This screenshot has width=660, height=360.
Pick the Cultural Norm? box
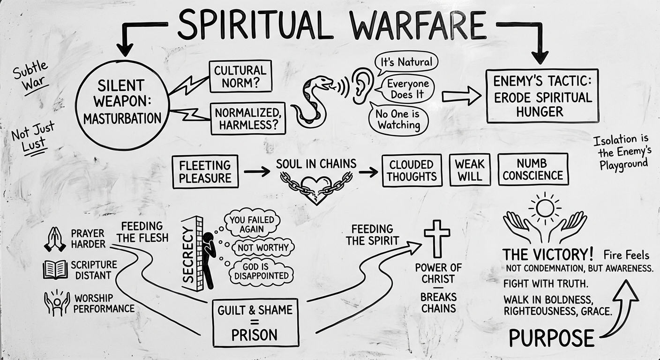click(240, 77)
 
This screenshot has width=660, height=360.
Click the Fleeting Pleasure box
click(205, 172)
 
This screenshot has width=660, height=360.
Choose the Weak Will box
click(470, 170)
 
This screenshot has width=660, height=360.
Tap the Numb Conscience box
click(532, 170)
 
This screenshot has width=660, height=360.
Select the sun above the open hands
click(545, 207)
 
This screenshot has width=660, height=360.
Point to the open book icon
click(55, 270)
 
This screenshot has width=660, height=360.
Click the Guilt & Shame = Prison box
click(255, 322)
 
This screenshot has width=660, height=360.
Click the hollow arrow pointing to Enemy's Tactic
click(461, 96)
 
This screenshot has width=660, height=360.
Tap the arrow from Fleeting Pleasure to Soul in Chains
click(257, 172)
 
